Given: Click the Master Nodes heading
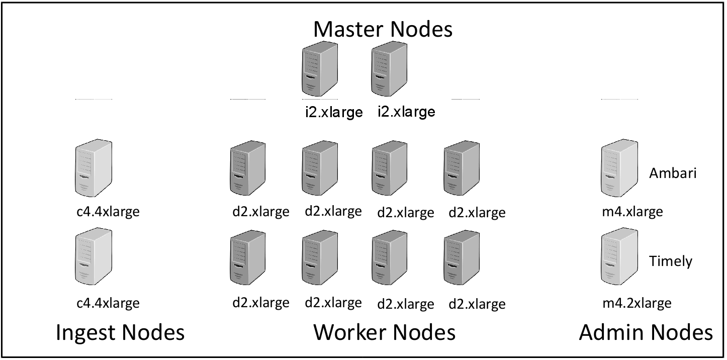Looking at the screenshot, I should tap(383, 29).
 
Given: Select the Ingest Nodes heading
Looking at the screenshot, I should tap(120, 333).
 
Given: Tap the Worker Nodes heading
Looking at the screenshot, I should tap(384, 333).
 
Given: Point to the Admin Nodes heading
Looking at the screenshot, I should tap(646, 333).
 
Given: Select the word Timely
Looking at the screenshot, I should tap(671, 261).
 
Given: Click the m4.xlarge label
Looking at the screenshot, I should tap(632, 212).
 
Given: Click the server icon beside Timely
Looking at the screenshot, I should tap(619, 257).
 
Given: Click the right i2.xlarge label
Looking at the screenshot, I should tap(406, 112).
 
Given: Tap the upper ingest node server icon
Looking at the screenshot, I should tap(94, 168).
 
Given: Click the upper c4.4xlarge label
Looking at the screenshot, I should tap(108, 212).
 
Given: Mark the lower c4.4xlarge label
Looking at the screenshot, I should tap(108, 303).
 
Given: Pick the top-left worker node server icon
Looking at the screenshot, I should tap(247, 168).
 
